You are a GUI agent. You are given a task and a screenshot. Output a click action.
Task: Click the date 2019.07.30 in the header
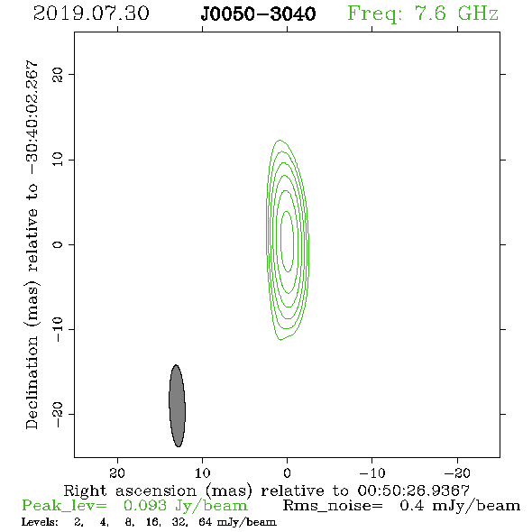(91, 14)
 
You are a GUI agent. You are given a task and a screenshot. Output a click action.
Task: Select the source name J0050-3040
(258, 14)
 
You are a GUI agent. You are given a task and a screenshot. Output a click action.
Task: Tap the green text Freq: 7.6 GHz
(423, 14)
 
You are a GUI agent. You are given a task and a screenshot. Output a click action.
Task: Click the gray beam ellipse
(177, 406)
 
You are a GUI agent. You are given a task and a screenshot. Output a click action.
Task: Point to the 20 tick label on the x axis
(117, 472)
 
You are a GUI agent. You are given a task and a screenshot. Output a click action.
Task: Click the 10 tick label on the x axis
(203, 472)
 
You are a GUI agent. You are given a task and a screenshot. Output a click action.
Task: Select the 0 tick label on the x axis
(287, 472)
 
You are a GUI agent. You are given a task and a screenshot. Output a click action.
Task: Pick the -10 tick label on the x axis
(372, 472)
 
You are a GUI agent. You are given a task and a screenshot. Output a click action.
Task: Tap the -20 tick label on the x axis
(457, 472)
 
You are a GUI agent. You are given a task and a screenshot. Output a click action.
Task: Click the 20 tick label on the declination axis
(57, 74)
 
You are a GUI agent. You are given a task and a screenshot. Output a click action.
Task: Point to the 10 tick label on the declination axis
(57, 160)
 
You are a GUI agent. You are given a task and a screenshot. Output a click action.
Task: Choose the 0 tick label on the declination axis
(57, 244)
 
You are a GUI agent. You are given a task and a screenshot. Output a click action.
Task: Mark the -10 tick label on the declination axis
(57, 329)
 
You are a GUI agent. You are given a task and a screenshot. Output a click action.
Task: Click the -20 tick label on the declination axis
(57, 414)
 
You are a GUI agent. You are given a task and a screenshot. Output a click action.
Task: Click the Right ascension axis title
(266, 491)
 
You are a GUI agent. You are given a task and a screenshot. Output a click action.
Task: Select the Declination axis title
(32, 244)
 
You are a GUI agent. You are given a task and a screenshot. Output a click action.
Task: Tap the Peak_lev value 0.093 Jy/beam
(185, 506)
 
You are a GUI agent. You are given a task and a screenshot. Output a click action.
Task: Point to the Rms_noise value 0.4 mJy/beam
(460, 506)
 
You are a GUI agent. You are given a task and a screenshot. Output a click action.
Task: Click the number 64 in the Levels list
(206, 522)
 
